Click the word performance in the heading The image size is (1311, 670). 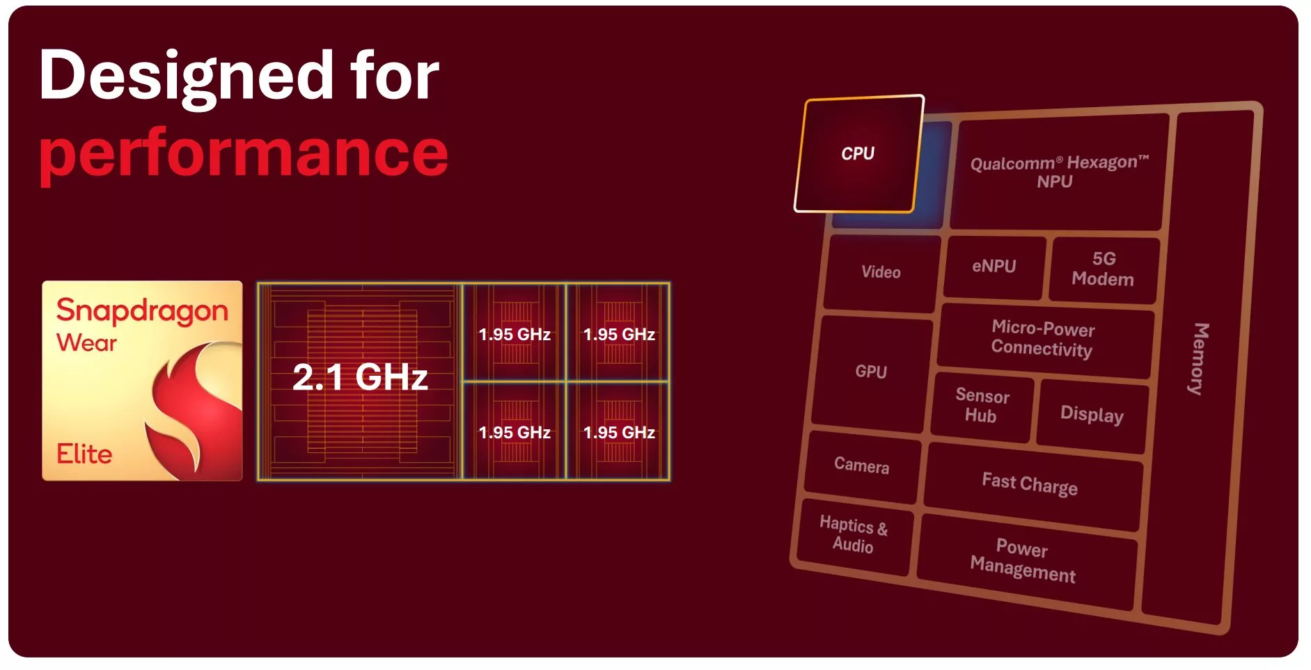click(244, 154)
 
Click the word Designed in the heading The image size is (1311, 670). click(187, 77)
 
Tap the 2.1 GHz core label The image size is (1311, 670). click(360, 377)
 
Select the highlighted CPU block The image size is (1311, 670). click(858, 154)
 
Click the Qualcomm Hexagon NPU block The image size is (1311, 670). click(1058, 172)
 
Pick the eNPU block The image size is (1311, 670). click(994, 266)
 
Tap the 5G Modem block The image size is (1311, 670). click(1103, 269)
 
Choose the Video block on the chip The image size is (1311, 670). click(881, 273)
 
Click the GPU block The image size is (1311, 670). click(871, 372)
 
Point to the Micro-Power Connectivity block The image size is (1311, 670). click(1043, 338)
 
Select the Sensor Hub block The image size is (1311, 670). click(982, 406)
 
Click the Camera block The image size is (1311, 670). click(861, 465)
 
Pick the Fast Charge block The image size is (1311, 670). click(1030, 484)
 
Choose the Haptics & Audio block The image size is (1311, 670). click(854, 534)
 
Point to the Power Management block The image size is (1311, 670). click(1023, 561)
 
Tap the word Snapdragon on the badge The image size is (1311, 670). click(142, 311)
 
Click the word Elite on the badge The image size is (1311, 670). click(84, 454)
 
